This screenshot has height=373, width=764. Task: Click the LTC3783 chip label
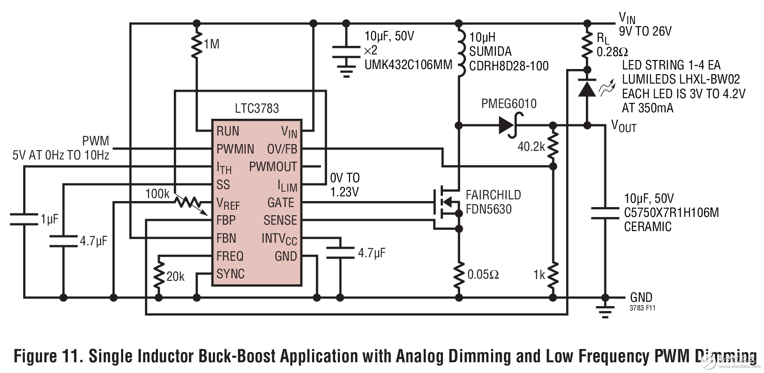pyautogui.click(x=257, y=108)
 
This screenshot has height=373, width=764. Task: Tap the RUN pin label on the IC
pyautogui.click(x=228, y=131)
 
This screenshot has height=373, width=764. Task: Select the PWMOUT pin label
pyautogui.click(x=273, y=167)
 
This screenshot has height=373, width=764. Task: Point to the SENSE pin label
pyautogui.click(x=280, y=220)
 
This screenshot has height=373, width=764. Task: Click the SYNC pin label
pyautogui.click(x=230, y=274)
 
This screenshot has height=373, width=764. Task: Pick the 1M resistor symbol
pyautogui.click(x=197, y=44)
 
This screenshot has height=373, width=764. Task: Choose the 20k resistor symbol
pyautogui.click(x=159, y=276)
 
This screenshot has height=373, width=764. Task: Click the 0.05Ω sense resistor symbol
pyautogui.click(x=459, y=274)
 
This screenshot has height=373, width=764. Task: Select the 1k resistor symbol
pyautogui.click(x=553, y=274)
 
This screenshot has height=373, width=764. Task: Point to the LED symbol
pyautogui.click(x=587, y=88)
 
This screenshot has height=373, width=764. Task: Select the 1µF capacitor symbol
pyautogui.click(x=24, y=219)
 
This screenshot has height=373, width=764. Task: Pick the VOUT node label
pyautogui.click(x=624, y=126)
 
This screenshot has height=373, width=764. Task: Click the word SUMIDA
pyautogui.click(x=490, y=51)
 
